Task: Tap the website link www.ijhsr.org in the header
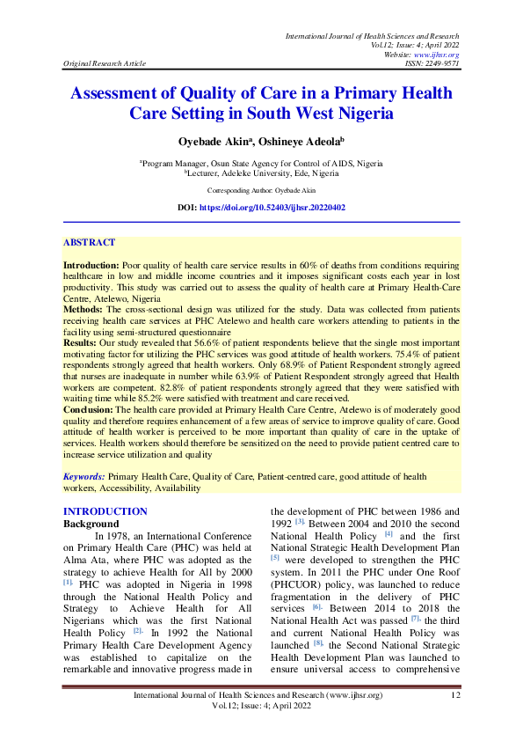pos(437,55)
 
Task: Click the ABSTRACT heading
pos(89,242)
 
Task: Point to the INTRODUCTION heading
pos(105,511)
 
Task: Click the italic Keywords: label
pos(84,476)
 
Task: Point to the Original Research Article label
pos(104,64)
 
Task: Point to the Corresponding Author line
pos(261,190)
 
